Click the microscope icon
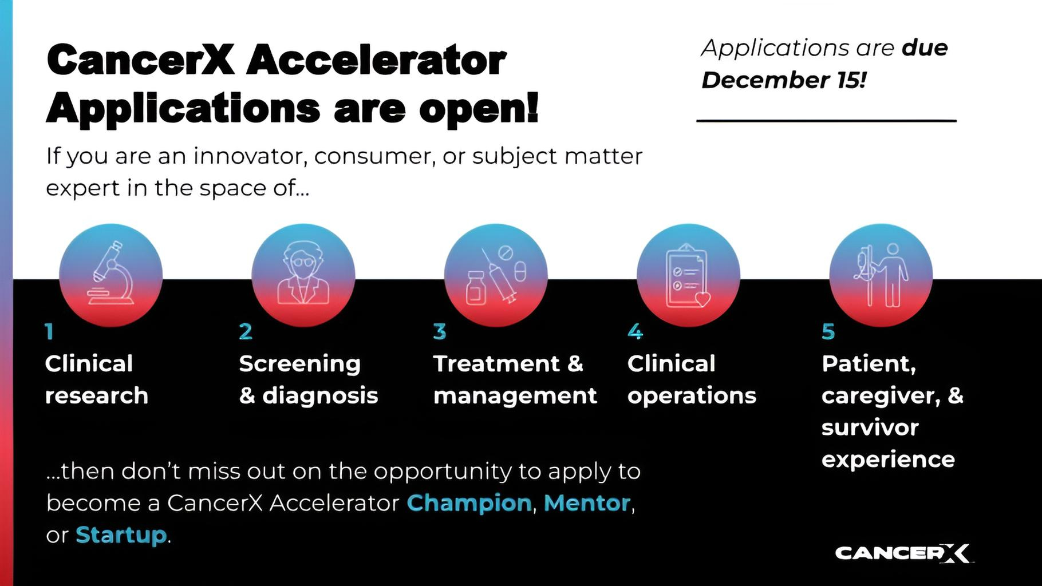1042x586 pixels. point(110,273)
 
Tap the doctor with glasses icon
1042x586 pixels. point(303,273)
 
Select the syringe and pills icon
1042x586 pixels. point(496,275)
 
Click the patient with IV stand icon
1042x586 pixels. point(881,275)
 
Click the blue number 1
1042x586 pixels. point(49,331)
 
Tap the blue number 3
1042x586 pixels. point(439,331)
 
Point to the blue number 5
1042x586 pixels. point(828,331)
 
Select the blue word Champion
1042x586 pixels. point(469,504)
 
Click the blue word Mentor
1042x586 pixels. point(587,503)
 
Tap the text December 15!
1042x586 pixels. point(784,80)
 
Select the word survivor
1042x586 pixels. point(870,427)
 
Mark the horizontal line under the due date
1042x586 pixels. point(826,121)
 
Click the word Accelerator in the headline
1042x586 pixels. point(377,60)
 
